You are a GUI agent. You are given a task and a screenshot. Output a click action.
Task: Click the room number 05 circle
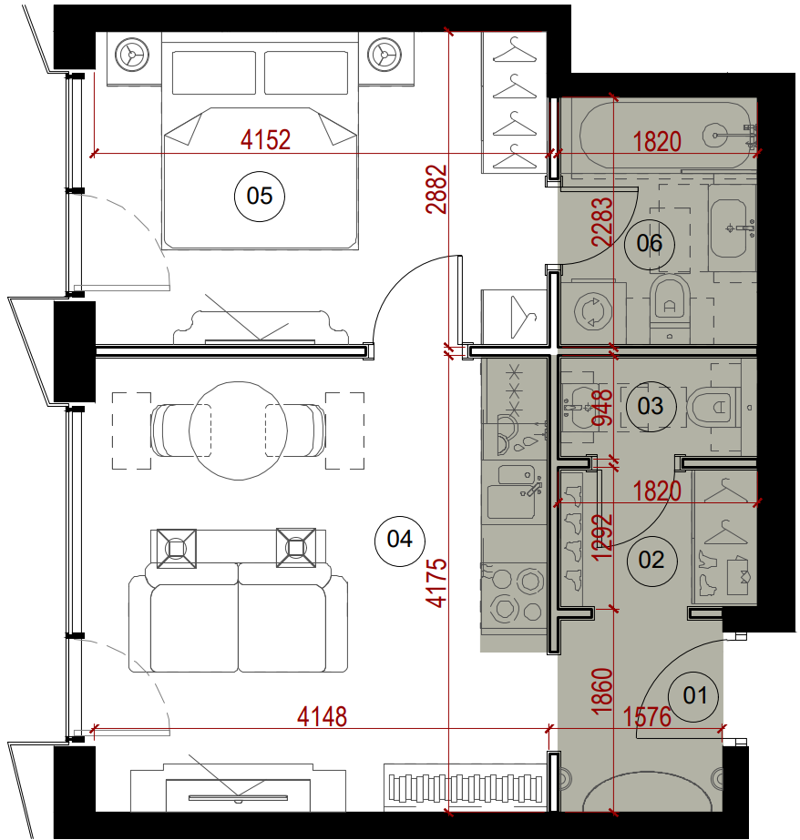click(x=260, y=196)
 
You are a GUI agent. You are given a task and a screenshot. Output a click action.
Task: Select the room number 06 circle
click(x=650, y=244)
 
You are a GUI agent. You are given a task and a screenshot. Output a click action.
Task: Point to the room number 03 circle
click(x=651, y=406)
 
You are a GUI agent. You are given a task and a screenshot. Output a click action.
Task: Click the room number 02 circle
click(x=651, y=561)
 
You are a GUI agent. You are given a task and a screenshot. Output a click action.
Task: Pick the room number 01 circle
click(x=694, y=696)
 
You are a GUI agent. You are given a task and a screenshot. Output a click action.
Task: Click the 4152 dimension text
click(x=265, y=140)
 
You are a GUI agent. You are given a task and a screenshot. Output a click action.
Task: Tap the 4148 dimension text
click(x=323, y=717)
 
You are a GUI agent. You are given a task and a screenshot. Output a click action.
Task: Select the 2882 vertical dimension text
click(x=436, y=189)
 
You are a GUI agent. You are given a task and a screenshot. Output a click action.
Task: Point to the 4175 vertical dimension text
click(x=436, y=582)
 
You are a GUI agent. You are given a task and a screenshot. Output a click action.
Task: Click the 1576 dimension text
click(x=647, y=717)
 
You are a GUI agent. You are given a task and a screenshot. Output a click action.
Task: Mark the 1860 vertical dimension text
click(x=601, y=691)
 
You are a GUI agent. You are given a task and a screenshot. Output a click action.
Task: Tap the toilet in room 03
click(x=713, y=408)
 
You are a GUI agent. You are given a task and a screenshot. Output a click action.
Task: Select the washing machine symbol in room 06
click(x=592, y=310)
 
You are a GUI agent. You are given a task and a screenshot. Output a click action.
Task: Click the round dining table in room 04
click(x=238, y=430)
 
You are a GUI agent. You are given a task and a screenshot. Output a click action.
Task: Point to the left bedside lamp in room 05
click(x=131, y=54)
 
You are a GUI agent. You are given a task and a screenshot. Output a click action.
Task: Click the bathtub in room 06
click(x=665, y=135)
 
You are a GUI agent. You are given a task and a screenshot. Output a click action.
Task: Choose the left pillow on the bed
click(x=214, y=73)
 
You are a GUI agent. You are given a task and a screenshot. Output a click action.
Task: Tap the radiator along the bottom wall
click(x=466, y=789)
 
